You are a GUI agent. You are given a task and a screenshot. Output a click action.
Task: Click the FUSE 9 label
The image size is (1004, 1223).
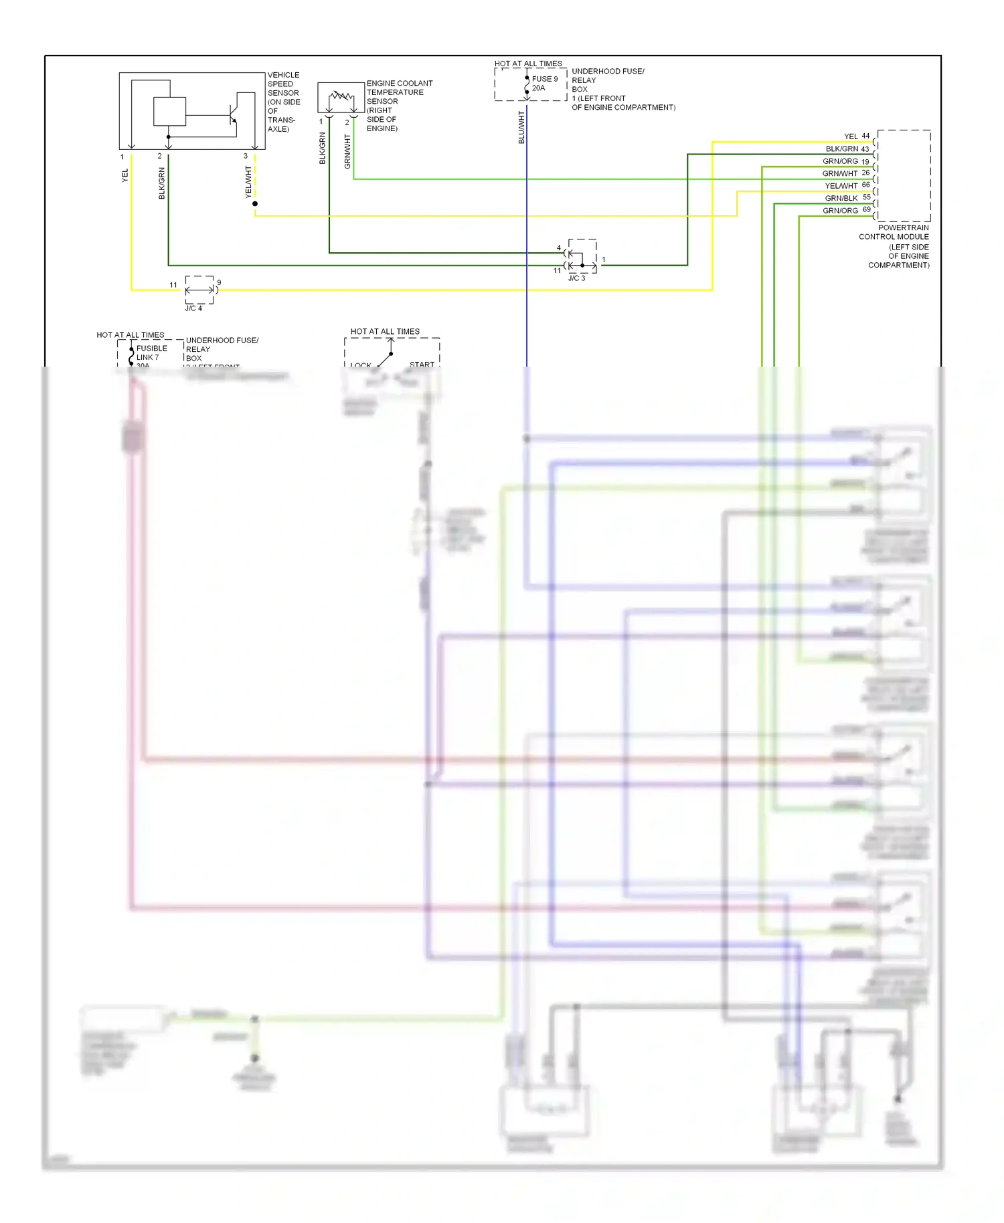pyautogui.click(x=544, y=79)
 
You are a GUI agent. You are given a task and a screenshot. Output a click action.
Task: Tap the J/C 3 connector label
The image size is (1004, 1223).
pyautogui.click(x=576, y=278)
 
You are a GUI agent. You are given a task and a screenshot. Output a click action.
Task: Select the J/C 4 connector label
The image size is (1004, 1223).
pyautogui.click(x=193, y=308)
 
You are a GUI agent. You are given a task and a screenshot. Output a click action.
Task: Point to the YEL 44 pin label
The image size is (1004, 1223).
pyautogui.click(x=856, y=136)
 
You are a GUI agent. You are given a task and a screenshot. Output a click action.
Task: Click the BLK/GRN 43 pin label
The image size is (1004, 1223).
pyautogui.click(x=847, y=149)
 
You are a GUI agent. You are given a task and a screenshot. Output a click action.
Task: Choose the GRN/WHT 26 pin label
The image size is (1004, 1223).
pyautogui.click(x=845, y=173)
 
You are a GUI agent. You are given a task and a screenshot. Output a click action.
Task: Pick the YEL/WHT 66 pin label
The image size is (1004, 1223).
pyautogui.click(x=847, y=186)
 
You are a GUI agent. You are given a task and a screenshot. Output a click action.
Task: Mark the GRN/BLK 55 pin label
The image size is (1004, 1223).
pyautogui.click(x=847, y=198)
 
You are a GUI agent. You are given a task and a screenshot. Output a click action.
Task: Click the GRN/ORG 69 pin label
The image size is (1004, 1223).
pyautogui.click(x=846, y=211)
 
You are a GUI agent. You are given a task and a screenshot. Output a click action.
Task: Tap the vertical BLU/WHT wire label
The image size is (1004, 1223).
pyautogui.click(x=521, y=127)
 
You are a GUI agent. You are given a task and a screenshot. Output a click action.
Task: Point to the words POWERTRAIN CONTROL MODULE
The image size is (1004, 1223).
pyautogui.click(x=894, y=232)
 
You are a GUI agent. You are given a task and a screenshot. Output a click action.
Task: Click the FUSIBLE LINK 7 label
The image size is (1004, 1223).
pyautogui.click(x=151, y=353)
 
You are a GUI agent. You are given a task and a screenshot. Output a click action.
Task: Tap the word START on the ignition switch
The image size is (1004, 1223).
pyautogui.click(x=422, y=365)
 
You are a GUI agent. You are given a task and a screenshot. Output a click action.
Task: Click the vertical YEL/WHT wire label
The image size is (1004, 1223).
pyautogui.click(x=248, y=182)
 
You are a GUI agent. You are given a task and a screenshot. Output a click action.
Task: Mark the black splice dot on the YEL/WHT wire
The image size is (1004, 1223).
pyautogui.click(x=255, y=203)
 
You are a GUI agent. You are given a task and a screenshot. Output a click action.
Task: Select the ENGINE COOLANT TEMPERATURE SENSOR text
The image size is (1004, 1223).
pyautogui.click(x=399, y=92)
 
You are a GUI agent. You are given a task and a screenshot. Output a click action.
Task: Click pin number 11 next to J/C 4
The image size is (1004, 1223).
pyautogui.click(x=173, y=285)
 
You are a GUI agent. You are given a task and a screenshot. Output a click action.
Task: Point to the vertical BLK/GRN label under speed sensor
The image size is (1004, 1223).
pyautogui.click(x=161, y=183)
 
